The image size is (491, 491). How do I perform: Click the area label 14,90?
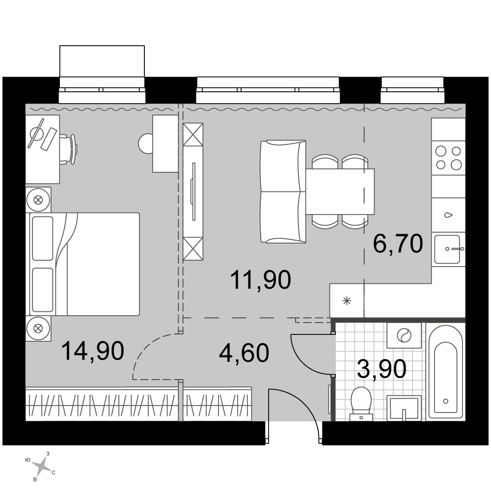tap(93, 352)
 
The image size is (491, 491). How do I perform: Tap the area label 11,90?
tap(261, 280)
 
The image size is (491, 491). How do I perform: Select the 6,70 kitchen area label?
tap(398, 244)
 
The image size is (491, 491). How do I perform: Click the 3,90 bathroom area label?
tap(382, 369)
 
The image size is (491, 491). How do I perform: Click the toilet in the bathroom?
tap(361, 404)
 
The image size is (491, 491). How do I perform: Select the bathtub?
tap(445, 371)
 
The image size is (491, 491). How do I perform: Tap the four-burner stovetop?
tap(448, 158)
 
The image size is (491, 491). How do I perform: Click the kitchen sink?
tap(448, 249)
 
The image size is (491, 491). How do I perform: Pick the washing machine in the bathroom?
tap(404, 335)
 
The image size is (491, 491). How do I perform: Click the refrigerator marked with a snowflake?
tap(347, 301)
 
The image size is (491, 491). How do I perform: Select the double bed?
tap(84, 264)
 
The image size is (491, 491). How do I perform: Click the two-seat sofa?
tap(283, 191)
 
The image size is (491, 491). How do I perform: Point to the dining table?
tap(340, 191)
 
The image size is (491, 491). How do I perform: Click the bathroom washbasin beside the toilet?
tap(404, 408)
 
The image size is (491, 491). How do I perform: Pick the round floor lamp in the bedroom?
tap(146, 143)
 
